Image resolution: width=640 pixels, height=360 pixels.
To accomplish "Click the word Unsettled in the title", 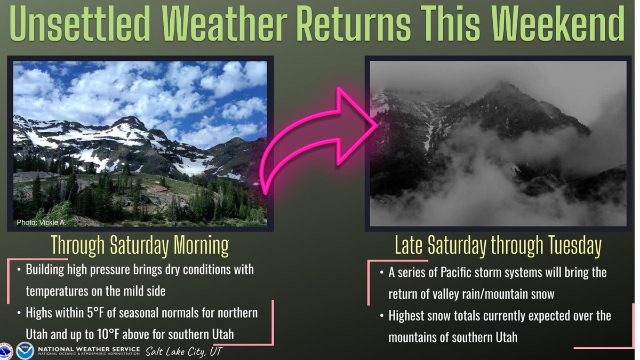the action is tap(80, 23).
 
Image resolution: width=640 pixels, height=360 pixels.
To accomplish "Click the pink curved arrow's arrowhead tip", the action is tap(377, 126).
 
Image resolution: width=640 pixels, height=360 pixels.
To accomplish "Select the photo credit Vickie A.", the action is tap(41, 222).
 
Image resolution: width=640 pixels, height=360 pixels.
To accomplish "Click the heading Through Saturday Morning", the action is tap(140, 246).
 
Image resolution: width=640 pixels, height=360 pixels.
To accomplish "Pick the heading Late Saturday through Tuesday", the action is tap(498, 246).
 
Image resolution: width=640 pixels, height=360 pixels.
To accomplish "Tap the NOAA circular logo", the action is tap(25, 350).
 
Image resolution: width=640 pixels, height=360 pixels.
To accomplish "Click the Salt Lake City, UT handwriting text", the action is tap(183, 351).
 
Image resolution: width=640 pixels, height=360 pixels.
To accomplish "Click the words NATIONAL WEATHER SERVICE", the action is tap(89, 349).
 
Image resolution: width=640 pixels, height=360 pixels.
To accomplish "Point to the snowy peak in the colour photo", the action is tap(131, 120).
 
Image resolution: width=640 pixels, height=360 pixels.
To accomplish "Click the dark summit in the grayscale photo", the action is tap(503, 86).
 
